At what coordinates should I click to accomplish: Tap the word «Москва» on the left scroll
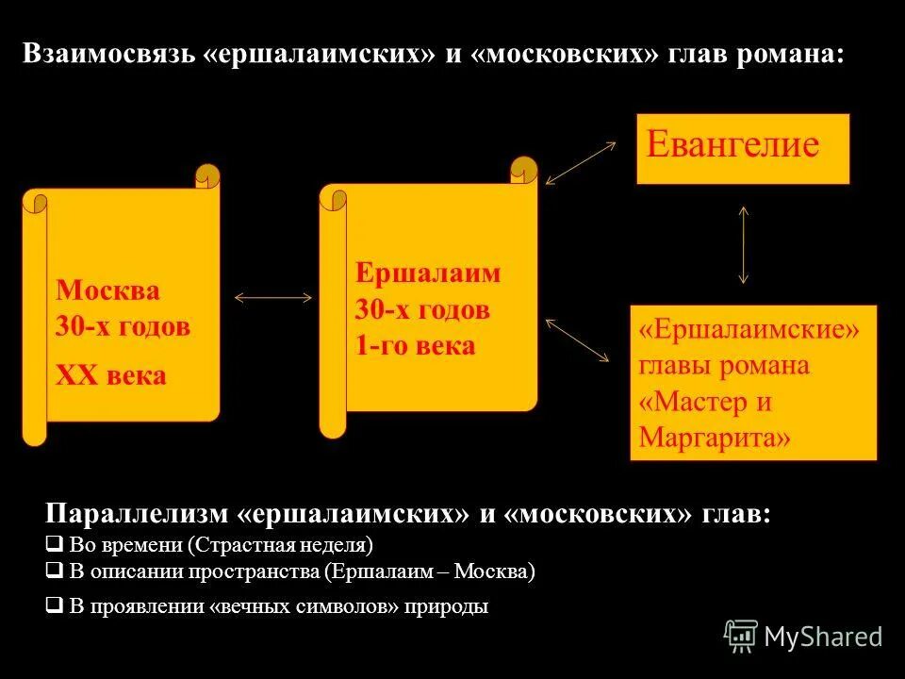tap(108, 290)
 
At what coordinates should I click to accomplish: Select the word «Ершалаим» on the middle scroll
tap(428, 273)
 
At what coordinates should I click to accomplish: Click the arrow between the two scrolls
tap(272, 298)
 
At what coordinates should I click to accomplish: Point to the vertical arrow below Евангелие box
tap(744, 244)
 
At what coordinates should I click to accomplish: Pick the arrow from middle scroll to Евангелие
tap(580, 162)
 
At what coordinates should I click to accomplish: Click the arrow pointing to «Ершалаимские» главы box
tap(578, 339)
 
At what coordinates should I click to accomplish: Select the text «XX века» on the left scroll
tap(111, 376)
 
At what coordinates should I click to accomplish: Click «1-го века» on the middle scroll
tap(415, 346)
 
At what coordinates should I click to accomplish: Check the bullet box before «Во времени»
tap(54, 544)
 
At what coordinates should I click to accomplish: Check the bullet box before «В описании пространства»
tap(54, 571)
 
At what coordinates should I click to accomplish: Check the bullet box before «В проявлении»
tap(54, 606)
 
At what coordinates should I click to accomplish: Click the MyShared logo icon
tap(741, 636)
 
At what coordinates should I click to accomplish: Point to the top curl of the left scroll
tap(207, 176)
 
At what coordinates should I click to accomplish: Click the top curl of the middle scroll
tap(523, 170)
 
